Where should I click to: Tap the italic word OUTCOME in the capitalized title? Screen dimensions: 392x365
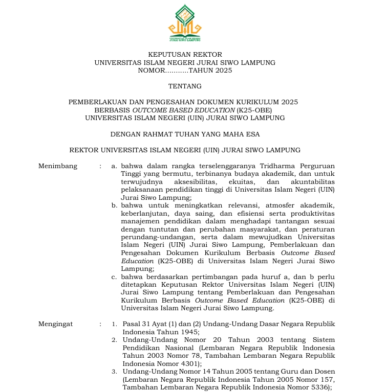pyautogui.click(x=149, y=110)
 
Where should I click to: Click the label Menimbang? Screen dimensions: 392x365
pyautogui.click(x=58, y=166)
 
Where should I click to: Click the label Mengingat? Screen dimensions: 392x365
pyautogui.click(x=56, y=324)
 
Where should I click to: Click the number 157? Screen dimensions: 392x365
pyautogui.click(x=323, y=379)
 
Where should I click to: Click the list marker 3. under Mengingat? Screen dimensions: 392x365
pyautogui.click(x=115, y=371)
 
